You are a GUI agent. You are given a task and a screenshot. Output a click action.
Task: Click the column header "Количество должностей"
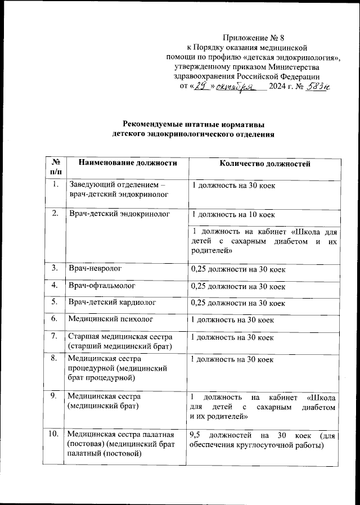pos(264,164)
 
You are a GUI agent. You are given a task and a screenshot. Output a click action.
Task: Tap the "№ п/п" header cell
pos(56,168)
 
